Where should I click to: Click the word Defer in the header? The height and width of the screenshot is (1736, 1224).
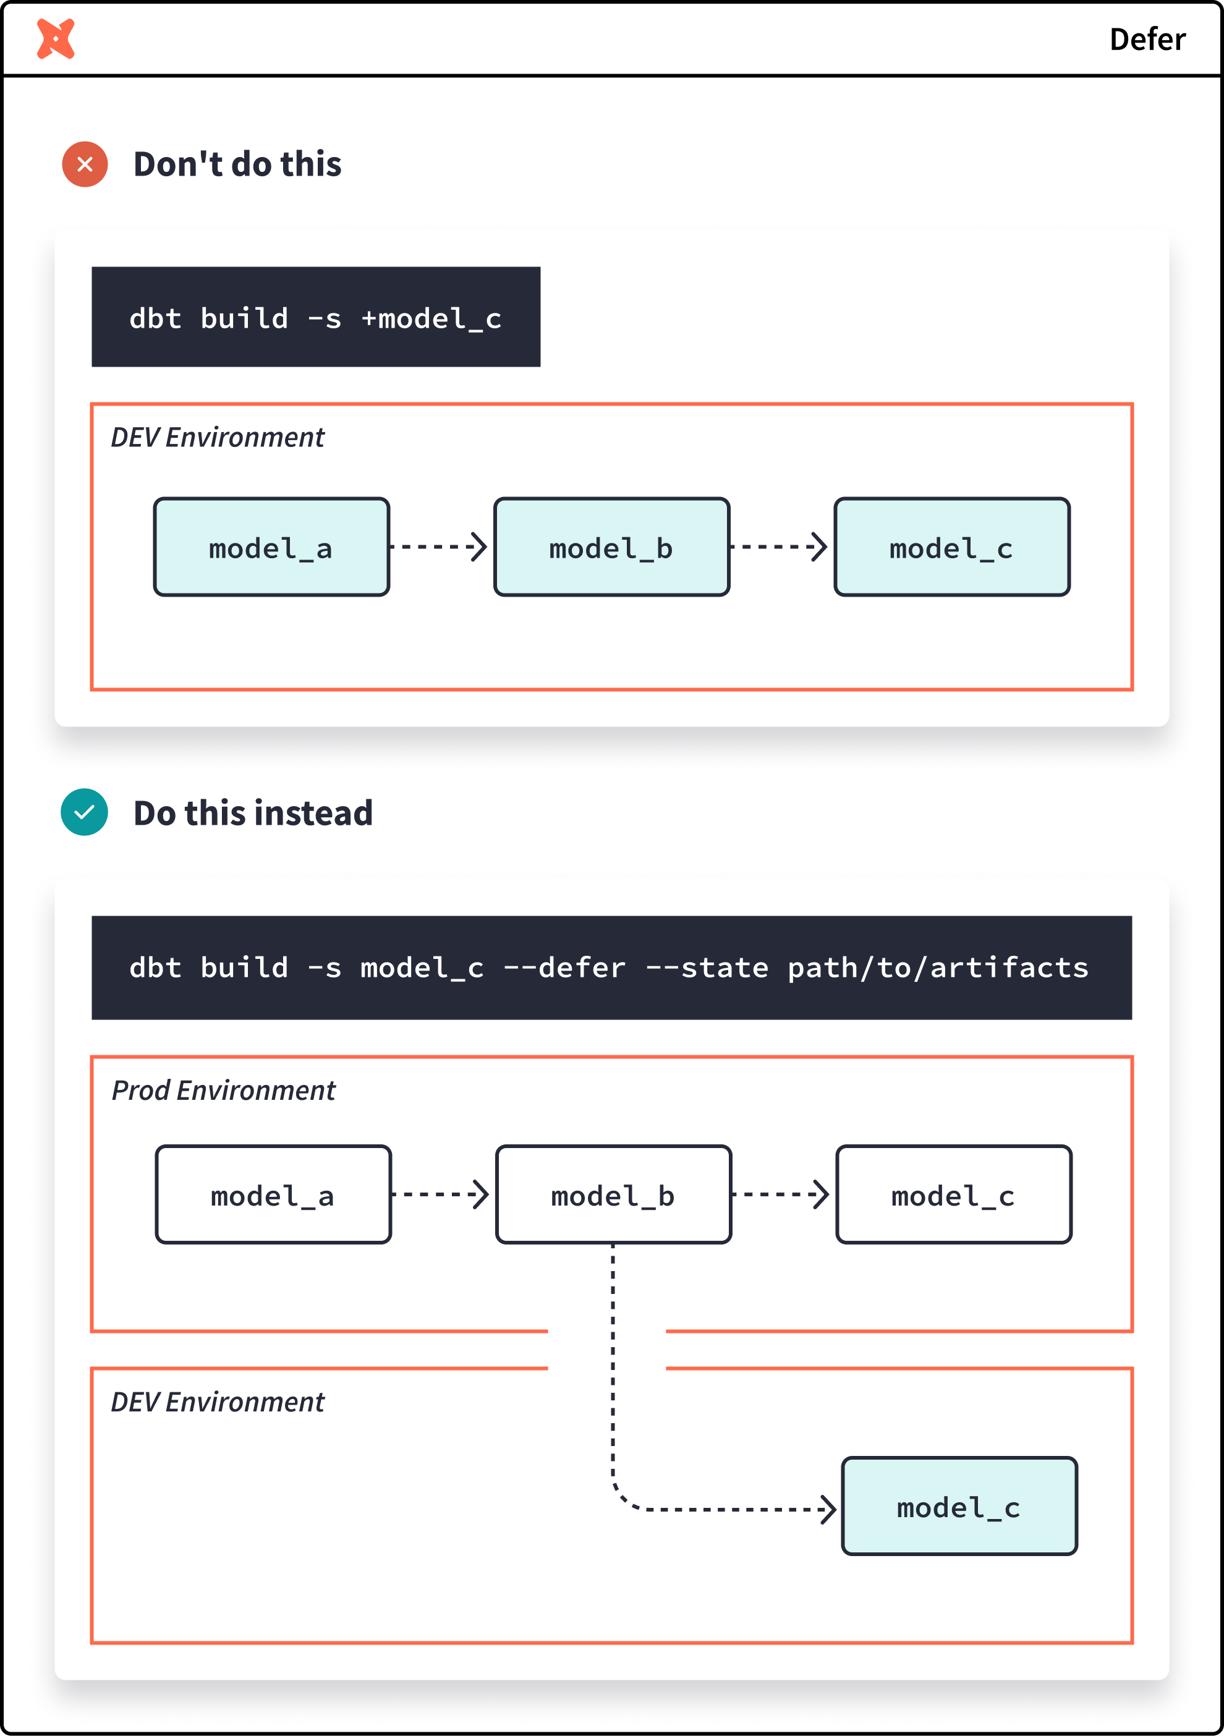(1146, 40)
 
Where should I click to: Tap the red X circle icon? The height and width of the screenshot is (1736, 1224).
(85, 164)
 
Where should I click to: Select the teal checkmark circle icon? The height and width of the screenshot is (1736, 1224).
(84, 812)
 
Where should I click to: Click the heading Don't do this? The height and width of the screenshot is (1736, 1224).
(237, 164)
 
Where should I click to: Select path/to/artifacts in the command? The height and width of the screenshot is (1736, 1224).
(937, 968)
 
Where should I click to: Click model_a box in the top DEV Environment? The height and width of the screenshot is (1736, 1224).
(271, 547)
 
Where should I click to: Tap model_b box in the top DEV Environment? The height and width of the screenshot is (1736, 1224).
(611, 547)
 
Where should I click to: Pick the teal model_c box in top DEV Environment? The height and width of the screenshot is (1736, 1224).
(952, 547)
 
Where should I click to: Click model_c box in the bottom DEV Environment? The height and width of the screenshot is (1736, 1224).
(959, 1506)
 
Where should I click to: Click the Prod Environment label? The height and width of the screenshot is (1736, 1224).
(223, 1091)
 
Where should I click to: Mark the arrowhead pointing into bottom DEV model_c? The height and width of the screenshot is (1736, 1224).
(830, 1509)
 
